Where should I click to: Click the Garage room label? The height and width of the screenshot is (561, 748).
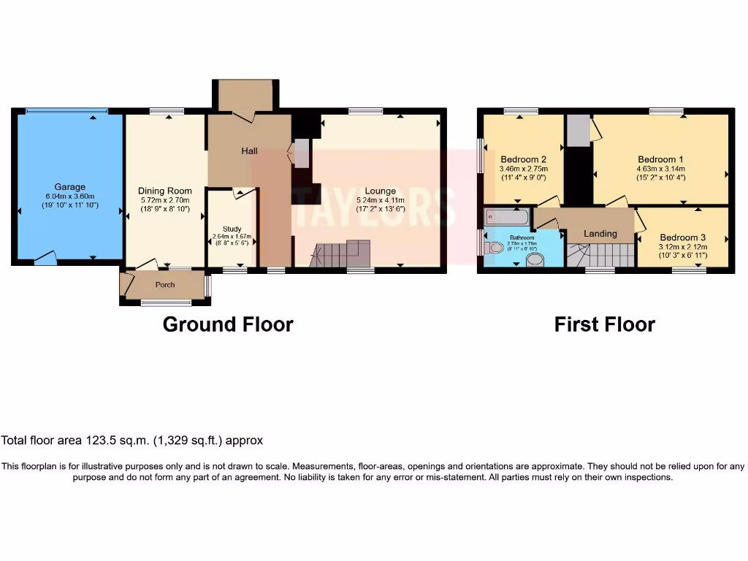pyautogui.click(x=69, y=187)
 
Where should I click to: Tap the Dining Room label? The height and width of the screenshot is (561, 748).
pyautogui.click(x=165, y=191)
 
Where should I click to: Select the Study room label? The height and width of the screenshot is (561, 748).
pyautogui.click(x=231, y=228)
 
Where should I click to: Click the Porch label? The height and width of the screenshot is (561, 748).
pyautogui.click(x=165, y=285)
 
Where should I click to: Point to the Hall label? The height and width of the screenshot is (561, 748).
pyautogui.click(x=250, y=151)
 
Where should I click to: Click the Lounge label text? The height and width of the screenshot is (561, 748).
pyautogui.click(x=380, y=191)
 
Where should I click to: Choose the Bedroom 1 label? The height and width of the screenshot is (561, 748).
pyautogui.click(x=660, y=159)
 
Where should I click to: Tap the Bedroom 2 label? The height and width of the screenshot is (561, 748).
pyautogui.click(x=523, y=159)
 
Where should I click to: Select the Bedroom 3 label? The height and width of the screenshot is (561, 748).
pyautogui.click(x=682, y=237)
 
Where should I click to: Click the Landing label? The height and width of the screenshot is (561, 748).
pyautogui.click(x=600, y=234)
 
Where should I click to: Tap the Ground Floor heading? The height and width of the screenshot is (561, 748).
pyautogui.click(x=227, y=324)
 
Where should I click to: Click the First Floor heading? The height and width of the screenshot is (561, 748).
pyautogui.click(x=604, y=324)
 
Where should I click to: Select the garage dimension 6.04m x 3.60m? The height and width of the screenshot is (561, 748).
pyautogui.click(x=69, y=196)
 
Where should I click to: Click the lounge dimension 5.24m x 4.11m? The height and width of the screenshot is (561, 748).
pyautogui.click(x=380, y=200)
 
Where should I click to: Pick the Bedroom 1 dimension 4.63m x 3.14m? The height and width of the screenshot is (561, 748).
pyautogui.click(x=660, y=169)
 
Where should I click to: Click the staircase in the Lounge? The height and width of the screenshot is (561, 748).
pyautogui.click(x=340, y=254)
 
